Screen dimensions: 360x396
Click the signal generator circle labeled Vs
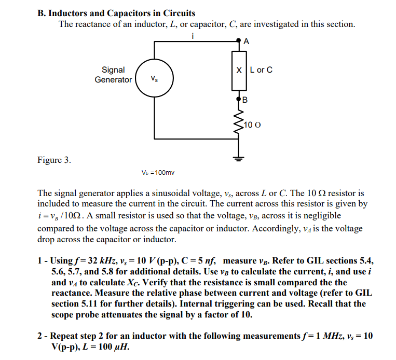pos(155,79)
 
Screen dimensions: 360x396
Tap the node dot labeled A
pos(239,41)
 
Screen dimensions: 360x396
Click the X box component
pos(239,70)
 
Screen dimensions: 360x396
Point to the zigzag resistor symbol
pos(239,123)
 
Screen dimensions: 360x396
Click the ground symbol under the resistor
pos(239,159)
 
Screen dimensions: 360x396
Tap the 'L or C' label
pos(261,70)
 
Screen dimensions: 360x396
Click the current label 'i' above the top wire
pos(193,35)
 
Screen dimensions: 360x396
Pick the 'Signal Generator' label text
pos(113,75)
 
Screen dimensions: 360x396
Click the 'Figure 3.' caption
pos(54,160)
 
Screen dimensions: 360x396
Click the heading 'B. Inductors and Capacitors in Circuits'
pos(117,13)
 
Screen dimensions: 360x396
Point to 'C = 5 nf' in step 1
pos(193,261)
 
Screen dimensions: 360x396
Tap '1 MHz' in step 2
pos(323,336)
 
